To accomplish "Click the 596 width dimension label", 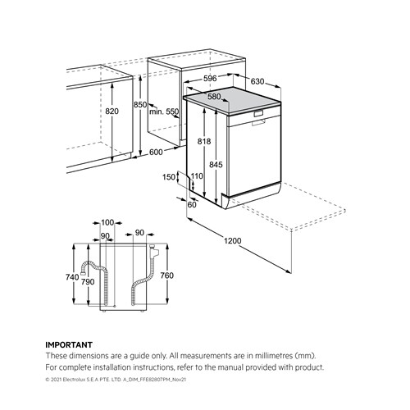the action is click(x=210, y=79).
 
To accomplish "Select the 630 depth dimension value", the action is click(x=257, y=81).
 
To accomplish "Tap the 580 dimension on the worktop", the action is click(x=214, y=97).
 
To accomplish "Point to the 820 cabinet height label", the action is click(x=112, y=112).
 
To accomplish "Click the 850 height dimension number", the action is click(x=140, y=104).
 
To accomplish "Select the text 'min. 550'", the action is click(x=164, y=112).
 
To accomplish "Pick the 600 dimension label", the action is click(x=156, y=152).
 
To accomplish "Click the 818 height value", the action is click(x=204, y=141).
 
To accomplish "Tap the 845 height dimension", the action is click(x=216, y=165).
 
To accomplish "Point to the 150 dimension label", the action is click(x=169, y=177).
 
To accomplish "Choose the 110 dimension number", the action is click(x=197, y=176).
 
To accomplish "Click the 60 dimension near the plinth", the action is click(x=192, y=204).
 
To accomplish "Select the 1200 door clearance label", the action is click(x=233, y=241).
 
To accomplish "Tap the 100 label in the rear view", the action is click(x=107, y=223).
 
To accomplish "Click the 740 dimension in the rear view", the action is click(x=72, y=277).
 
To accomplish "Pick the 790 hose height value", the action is click(x=88, y=282).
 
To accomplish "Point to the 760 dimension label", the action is click(x=167, y=276).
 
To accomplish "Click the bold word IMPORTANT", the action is click(x=69, y=345).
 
